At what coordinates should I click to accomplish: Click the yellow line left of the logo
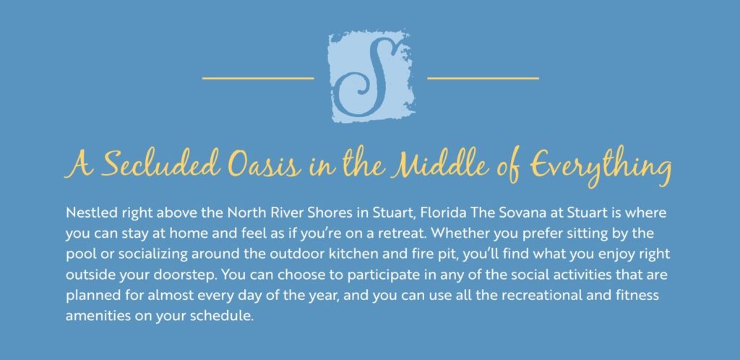click(258, 78)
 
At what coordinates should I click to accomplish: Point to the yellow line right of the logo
click(483, 78)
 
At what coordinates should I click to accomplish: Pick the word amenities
click(95, 316)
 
